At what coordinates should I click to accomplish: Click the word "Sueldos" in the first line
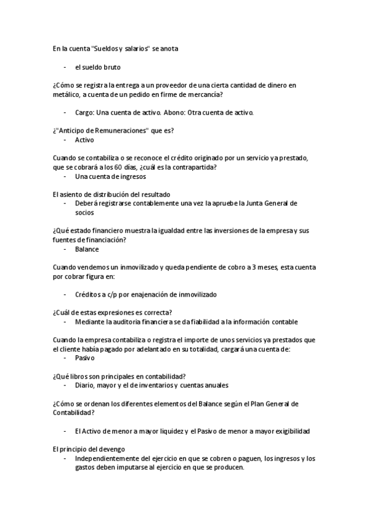(x=107, y=48)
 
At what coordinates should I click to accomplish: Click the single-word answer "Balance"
(x=87, y=249)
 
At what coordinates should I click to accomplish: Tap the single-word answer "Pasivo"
(x=85, y=358)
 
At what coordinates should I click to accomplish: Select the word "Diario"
(x=84, y=385)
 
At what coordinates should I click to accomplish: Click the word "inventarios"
(x=161, y=385)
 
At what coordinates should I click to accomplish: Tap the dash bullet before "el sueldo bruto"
(x=65, y=66)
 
